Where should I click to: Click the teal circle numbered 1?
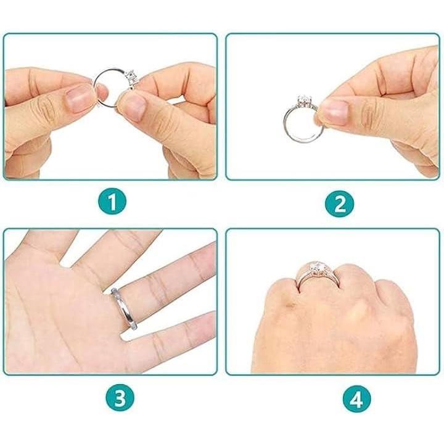(x=112, y=202)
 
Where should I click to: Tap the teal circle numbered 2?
(x=340, y=203)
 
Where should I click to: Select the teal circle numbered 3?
(x=120, y=397)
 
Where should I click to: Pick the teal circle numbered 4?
(x=356, y=400)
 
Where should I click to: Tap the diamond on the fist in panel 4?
(x=315, y=268)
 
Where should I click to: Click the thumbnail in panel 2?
(x=335, y=112)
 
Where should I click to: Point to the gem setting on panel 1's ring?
(x=131, y=77)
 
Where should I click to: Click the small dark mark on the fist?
(x=290, y=305)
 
